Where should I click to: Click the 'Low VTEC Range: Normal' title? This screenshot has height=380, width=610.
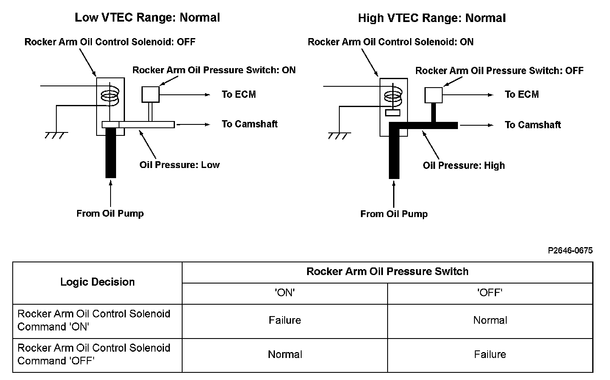pyautogui.click(x=147, y=17)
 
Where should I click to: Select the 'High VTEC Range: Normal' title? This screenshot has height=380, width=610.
pyautogui.click(x=432, y=18)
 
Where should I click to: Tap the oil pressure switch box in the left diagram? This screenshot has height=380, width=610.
pyautogui.click(x=150, y=94)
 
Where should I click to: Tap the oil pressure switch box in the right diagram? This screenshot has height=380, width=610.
pyautogui.click(x=433, y=95)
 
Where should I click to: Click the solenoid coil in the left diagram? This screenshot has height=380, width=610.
pyautogui.click(x=110, y=97)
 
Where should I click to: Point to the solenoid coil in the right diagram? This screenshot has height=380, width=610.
pyautogui.click(x=393, y=98)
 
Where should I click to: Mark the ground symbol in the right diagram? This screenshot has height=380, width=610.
pyautogui.click(x=339, y=136)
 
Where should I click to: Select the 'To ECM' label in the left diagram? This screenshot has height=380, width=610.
pyautogui.click(x=238, y=94)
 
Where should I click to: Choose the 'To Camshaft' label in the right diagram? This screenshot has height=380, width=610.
pyautogui.click(x=532, y=125)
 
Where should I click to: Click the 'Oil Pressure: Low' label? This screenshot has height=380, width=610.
pyautogui.click(x=180, y=165)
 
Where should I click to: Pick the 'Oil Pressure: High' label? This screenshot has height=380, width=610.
pyautogui.click(x=463, y=165)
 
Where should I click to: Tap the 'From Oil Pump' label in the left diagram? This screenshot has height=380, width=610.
pyautogui.click(x=110, y=213)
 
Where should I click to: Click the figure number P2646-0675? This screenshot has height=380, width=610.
pyautogui.click(x=570, y=251)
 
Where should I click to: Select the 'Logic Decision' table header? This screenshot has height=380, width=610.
pyautogui.click(x=97, y=282)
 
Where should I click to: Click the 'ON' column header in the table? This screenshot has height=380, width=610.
pyautogui.click(x=285, y=293)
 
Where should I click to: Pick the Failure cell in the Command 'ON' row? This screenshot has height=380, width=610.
pyautogui.click(x=285, y=320)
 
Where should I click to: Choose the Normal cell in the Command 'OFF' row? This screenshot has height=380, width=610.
pyautogui.click(x=285, y=355)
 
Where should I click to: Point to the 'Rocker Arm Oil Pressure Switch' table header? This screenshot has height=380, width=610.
pyautogui.click(x=387, y=272)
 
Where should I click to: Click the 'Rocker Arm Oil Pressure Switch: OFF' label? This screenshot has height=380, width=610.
pyautogui.click(x=499, y=71)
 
